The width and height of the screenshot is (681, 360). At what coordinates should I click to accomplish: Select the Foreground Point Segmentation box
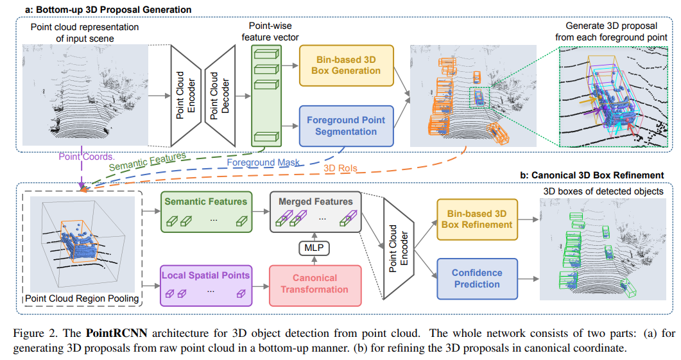346,126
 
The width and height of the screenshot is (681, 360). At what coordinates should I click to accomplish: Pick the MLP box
315,247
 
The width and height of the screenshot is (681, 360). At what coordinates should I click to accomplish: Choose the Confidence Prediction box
476,279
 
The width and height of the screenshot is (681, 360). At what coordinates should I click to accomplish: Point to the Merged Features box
316,210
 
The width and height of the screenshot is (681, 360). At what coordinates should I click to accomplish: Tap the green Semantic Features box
205,210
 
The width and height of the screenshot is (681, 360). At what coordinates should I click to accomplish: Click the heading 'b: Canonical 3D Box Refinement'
591,175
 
